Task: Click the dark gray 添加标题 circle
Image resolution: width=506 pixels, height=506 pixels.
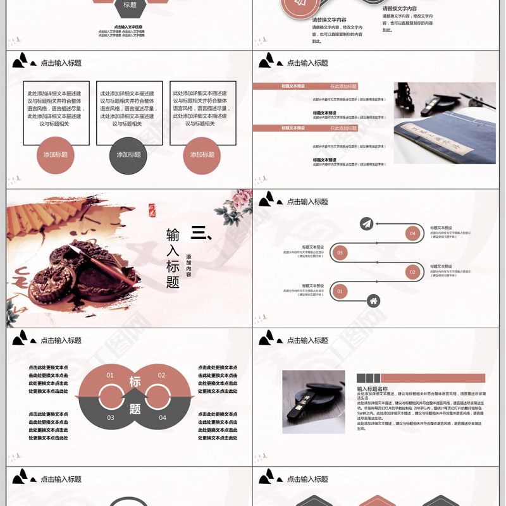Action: tap(128, 155)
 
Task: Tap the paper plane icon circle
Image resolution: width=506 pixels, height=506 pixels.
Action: tap(366, 223)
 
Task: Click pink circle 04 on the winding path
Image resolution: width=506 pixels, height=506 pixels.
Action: tap(412, 233)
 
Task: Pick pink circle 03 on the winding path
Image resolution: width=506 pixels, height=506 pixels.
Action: tap(340, 252)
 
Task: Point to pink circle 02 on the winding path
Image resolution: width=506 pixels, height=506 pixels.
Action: tap(412, 272)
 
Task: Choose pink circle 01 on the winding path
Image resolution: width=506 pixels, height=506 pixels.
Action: tap(340, 292)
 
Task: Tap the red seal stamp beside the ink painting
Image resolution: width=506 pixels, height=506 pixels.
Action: tap(152, 209)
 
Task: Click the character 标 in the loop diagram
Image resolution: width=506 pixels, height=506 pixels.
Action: tap(135, 381)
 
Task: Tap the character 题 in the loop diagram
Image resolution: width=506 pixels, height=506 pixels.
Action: tap(135, 409)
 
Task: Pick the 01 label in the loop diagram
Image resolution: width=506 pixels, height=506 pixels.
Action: tap(110, 375)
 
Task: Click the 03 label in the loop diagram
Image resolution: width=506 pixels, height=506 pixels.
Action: tap(111, 417)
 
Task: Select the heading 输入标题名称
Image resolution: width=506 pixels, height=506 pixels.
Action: tap(373, 389)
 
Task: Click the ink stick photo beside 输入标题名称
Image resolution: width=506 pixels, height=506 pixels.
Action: tap(313, 402)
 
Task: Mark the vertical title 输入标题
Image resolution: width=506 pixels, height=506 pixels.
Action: tap(173, 258)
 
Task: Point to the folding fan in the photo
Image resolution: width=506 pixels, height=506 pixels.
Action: tap(38, 221)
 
